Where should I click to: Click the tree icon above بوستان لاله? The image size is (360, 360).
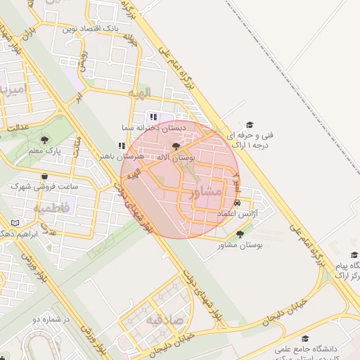176,146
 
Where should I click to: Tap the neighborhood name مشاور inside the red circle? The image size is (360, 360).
206,191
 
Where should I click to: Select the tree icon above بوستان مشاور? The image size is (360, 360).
240,235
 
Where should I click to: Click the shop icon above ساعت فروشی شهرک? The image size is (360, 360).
44,176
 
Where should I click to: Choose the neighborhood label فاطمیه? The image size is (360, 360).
51,209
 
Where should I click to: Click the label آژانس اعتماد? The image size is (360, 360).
236,212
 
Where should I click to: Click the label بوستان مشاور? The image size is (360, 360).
240,245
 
